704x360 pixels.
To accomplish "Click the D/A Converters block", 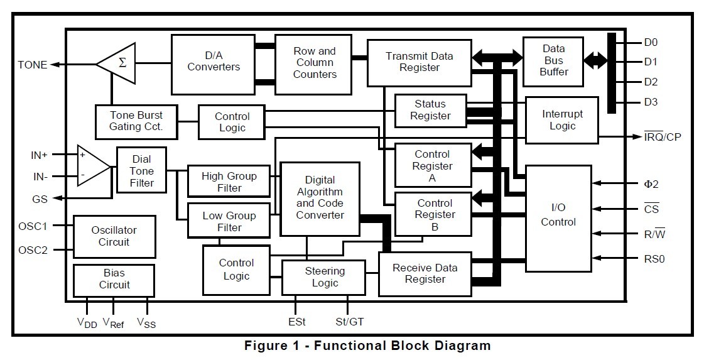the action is click(x=214, y=65).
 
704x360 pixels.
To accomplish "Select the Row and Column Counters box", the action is click(x=313, y=65).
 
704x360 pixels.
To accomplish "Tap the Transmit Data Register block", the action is click(x=420, y=63).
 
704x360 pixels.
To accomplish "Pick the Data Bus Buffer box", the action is click(x=553, y=62).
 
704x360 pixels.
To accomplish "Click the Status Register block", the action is click(x=430, y=111).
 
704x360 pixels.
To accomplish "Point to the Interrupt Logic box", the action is click(x=561, y=121).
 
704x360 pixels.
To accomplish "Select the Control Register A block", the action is click(x=433, y=165).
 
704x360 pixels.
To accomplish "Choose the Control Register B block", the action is click(x=433, y=215).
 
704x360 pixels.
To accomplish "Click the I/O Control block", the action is click(x=558, y=219).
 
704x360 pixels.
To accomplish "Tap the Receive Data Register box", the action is click(x=425, y=274).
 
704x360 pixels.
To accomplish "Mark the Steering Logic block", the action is click(x=323, y=277).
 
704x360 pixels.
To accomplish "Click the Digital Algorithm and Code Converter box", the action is click(x=320, y=199).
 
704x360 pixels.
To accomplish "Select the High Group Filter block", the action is click(x=229, y=181).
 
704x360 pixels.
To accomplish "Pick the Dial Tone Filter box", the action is click(x=141, y=170).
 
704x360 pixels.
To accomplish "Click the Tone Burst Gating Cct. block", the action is click(x=136, y=121).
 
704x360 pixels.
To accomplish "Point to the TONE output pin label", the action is click(x=32, y=65).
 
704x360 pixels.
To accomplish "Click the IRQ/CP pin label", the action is click(x=663, y=136).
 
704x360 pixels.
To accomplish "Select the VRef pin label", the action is click(x=113, y=323).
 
